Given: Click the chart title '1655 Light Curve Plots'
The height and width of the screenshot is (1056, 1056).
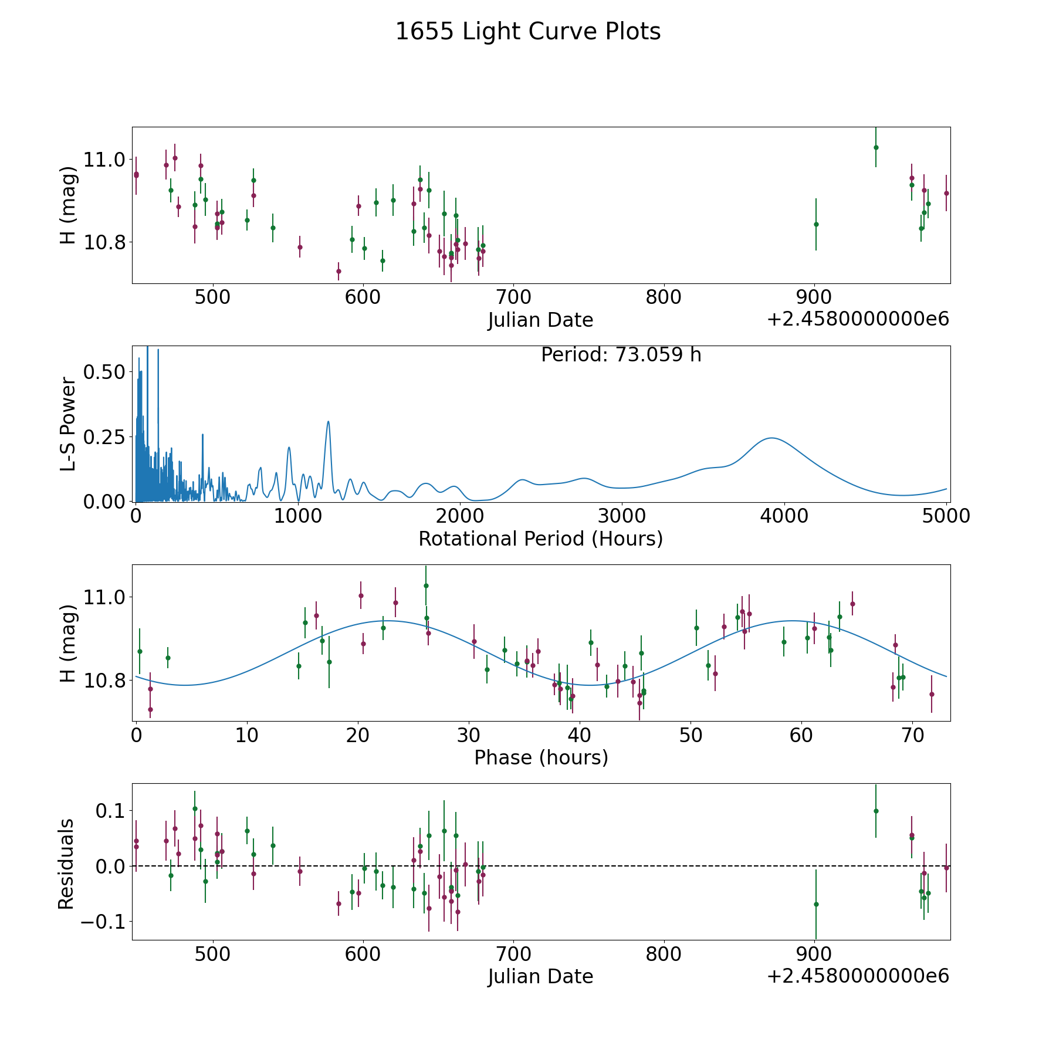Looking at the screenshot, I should click(528, 32).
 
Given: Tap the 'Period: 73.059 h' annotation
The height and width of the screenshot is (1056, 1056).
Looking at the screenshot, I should click(621, 355).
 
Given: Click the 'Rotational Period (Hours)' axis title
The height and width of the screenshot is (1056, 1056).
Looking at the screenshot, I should click(540, 539).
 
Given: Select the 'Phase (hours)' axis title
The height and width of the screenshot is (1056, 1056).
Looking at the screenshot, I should click(540, 757).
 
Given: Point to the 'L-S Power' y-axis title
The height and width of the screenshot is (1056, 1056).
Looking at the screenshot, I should click(69, 424).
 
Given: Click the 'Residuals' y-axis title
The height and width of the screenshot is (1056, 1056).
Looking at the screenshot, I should click(66, 864).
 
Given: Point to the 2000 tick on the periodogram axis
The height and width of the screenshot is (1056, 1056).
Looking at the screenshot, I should click(460, 516).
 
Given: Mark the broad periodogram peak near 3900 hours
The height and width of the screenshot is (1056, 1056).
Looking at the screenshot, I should click(771, 438).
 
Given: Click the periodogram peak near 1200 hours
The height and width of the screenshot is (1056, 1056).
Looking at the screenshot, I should click(328, 422).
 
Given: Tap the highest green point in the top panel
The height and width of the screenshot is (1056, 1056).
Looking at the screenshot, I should click(875, 147).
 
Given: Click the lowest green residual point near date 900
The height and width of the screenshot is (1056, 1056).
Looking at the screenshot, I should click(815, 904).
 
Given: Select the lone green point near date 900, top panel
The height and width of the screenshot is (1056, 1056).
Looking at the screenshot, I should click(815, 224).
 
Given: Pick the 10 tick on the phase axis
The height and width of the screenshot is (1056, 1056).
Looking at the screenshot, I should click(247, 735).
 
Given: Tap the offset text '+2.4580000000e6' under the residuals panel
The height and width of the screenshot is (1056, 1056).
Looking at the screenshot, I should click(858, 976).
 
